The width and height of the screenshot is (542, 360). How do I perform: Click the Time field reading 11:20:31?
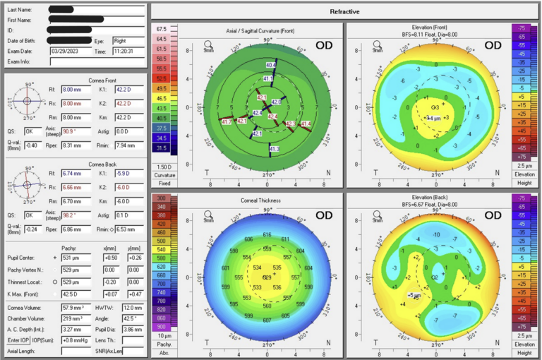click(x=127, y=52)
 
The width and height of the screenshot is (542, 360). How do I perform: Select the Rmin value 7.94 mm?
click(x=131, y=145)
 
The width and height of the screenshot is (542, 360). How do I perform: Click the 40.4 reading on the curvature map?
click(x=270, y=66)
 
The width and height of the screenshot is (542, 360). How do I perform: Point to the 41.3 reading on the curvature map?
click(x=275, y=149)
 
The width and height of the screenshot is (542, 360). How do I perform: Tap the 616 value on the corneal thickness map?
click(x=267, y=234)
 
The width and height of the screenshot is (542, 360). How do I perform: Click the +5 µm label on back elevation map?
click(x=414, y=294)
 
